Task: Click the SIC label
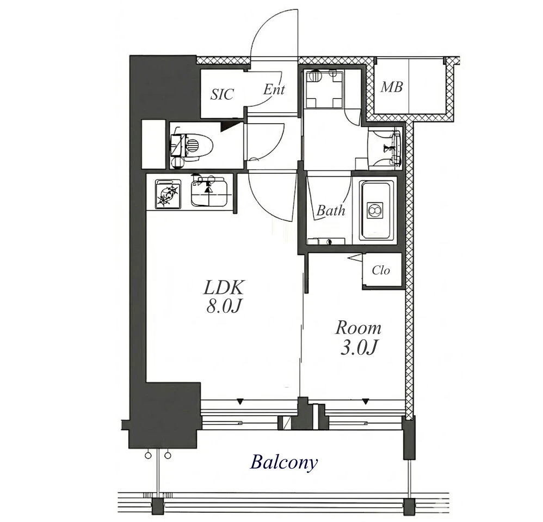(222, 94)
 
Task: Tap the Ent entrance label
(274, 89)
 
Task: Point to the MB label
(392, 87)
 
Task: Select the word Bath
(331, 210)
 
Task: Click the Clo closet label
(381, 270)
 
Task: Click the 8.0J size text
(224, 306)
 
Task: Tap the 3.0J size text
(359, 348)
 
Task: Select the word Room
(358, 328)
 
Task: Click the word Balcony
(283, 463)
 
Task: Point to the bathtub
(377, 210)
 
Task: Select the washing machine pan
(323, 89)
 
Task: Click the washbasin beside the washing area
(396, 148)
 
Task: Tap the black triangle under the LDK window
(239, 402)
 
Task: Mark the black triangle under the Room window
(365, 402)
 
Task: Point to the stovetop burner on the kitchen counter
(168, 194)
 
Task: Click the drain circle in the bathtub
(374, 209)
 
